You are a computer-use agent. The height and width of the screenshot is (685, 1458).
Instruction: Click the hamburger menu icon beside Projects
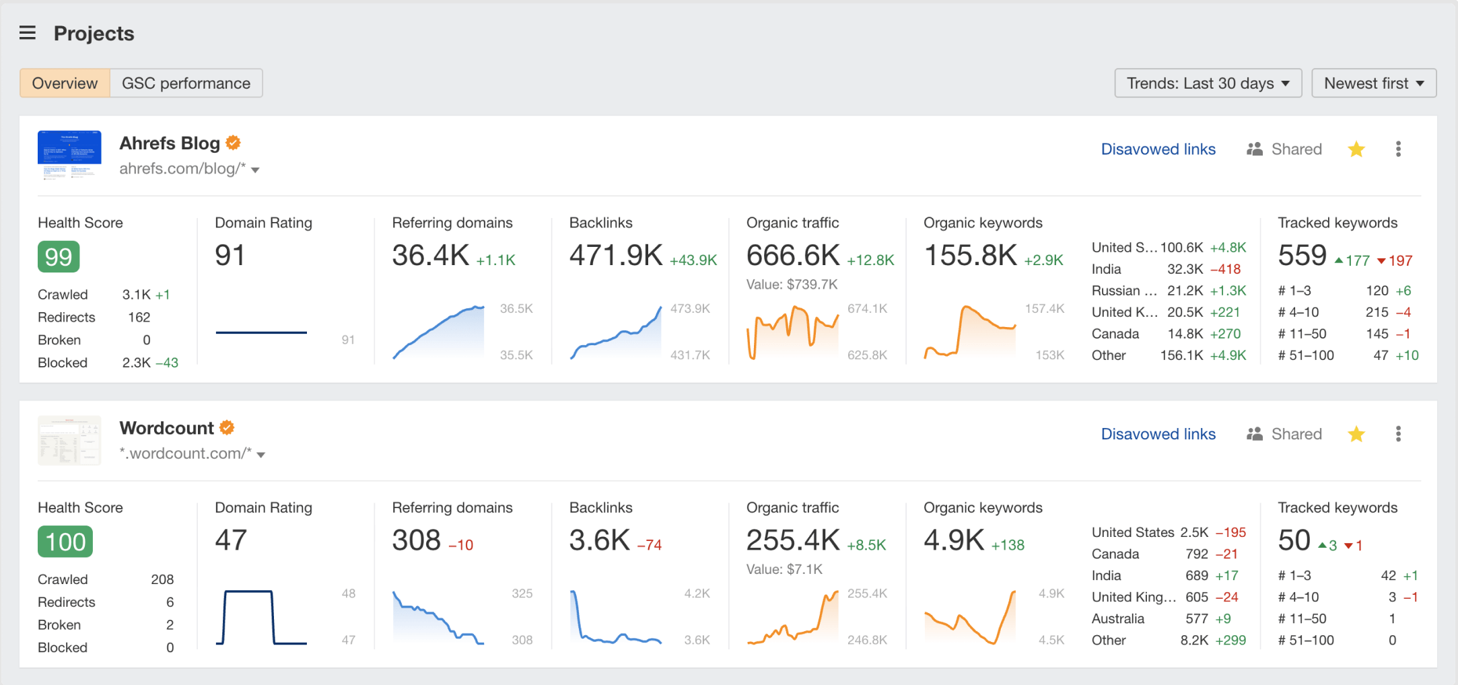[x=28, y=33]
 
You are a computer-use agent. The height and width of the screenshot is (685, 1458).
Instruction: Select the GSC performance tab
[x=186, y=83]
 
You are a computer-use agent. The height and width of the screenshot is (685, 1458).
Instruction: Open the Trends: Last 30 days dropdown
[x=1208, y=83]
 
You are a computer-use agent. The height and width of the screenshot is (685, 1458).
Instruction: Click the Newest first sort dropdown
[x=1373, y=83]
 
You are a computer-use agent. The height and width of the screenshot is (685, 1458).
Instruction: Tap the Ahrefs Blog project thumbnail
[x=69, y=154]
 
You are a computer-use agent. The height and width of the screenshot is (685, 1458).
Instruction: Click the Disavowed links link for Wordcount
[x=1158, y=434]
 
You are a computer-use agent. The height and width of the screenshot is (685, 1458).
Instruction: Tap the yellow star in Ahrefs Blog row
[x=1356, y=149]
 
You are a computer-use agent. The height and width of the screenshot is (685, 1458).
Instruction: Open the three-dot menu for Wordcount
[x=1398, y=434]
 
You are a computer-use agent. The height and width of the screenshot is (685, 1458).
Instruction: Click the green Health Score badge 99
[x=59, y=257]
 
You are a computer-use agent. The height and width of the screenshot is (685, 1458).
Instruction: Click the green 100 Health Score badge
[x=65, y=542]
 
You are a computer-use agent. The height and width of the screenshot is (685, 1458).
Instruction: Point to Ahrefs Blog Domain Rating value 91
[x=230, y=256]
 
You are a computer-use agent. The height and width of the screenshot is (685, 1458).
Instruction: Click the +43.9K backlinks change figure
[x=693, y=260]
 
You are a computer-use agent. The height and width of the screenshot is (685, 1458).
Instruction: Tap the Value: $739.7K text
[x=792, y=285]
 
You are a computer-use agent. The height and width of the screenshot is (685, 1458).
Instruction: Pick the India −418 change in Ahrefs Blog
[x=1225, y=269]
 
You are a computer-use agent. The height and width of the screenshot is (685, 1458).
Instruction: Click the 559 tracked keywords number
[x=1302, y=256]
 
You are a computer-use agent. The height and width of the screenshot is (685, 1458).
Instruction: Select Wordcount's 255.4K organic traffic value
[x=793, y=540]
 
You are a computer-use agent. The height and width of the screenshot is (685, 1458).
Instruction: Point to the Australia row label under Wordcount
[x=1117, y=618]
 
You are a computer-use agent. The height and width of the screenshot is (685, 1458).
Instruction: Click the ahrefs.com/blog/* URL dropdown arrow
[x=256, y=170]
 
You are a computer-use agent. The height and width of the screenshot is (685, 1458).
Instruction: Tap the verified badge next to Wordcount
[x=228, y=428]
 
